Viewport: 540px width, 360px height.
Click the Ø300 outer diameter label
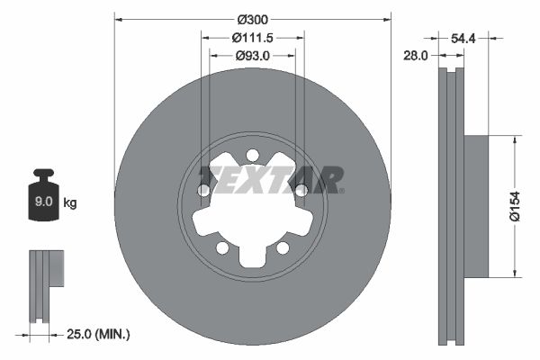coord(253,19)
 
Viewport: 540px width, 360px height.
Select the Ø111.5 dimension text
coord(253,37)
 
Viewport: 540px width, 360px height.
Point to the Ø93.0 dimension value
coord(253,55)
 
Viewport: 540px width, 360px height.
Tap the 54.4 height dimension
coord(463,38)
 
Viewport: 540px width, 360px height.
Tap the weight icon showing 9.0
coord(42,199)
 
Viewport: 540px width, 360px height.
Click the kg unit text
coord(70,203)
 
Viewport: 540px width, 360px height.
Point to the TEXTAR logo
coord(270,178)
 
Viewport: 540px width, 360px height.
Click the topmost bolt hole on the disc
coord(253,154)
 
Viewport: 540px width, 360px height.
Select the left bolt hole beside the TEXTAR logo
coord(204,190)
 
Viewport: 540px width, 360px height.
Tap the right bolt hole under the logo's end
coord(301,190)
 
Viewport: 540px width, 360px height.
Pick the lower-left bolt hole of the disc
coord(222,247)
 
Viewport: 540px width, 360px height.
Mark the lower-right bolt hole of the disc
coord(283,247)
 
